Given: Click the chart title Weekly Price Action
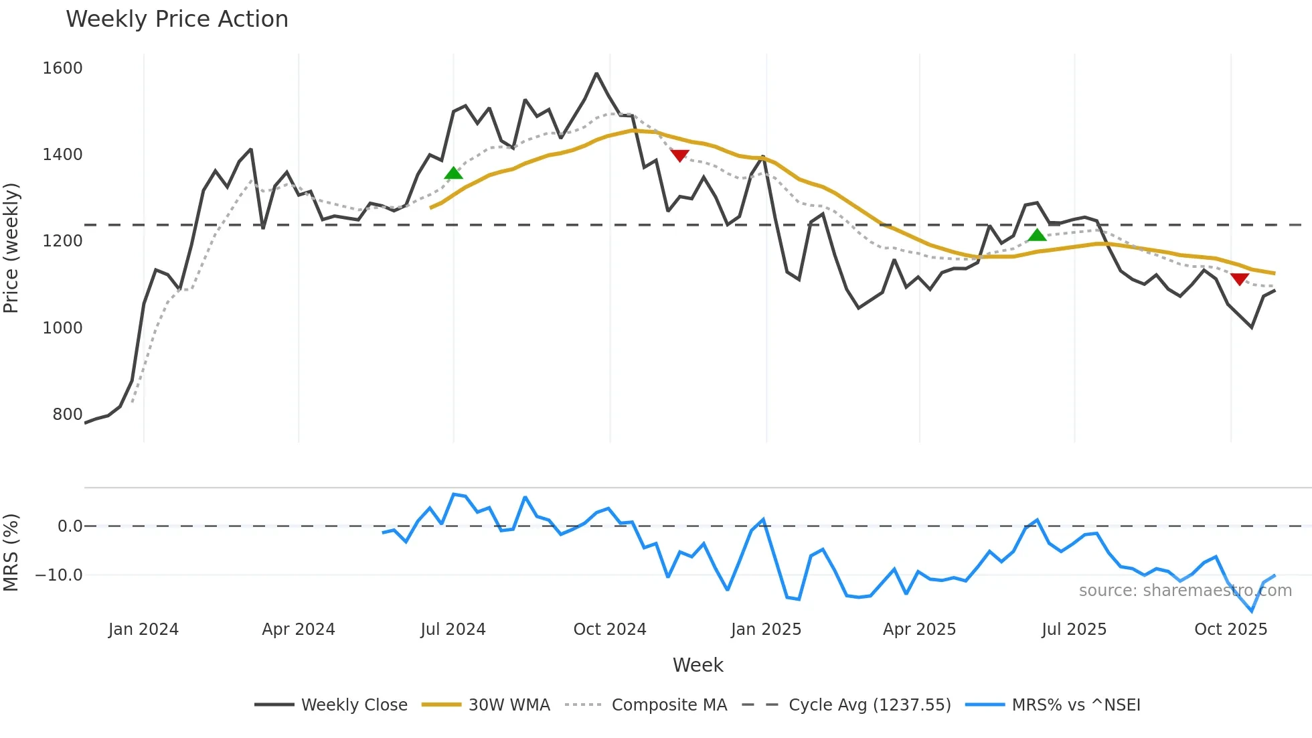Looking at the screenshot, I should (x=177, y=19).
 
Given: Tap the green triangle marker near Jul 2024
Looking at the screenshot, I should (x=453, y=174).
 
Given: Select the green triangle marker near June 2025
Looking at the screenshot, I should (x=1037, y=235).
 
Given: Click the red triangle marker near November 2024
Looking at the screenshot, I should (x=679, y=155).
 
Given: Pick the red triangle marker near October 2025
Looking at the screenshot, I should (x=1239, y=279).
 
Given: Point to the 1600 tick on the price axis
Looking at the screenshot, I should (x=62, y=68).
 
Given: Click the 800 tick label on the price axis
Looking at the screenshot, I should (x=67, y=415).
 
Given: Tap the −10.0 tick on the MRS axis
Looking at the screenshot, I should (x=59, y=575).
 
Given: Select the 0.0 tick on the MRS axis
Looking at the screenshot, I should (x=70, y=526).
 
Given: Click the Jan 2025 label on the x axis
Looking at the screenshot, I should (x=766, y=630).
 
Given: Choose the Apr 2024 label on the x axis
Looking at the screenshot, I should (x=299, y=630).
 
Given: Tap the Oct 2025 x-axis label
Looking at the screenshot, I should (x=1230, y=630).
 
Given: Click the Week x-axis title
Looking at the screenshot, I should (x=698, y=665).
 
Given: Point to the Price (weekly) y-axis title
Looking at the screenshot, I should (x=11, y=248).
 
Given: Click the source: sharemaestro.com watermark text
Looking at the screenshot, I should (x=1185, y=591).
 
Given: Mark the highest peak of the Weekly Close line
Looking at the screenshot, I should (x=596, y=74).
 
